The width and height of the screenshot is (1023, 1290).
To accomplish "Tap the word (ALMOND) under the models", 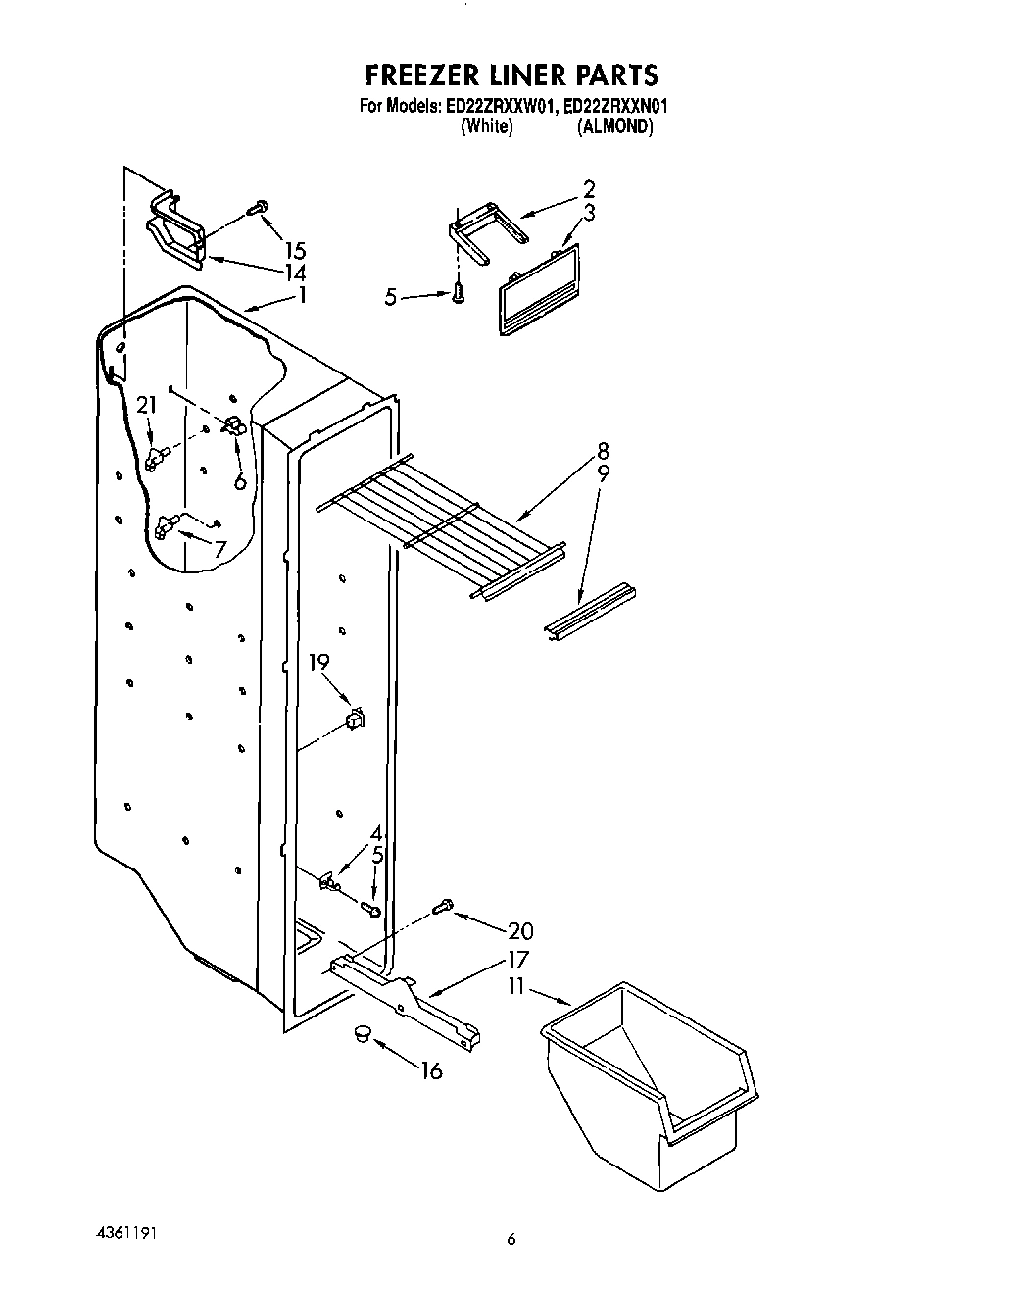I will point(614,126).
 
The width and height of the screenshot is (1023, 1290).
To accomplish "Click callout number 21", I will point(147,406).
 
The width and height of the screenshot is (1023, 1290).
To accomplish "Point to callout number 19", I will point(319,663).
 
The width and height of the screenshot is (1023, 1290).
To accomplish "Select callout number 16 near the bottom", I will point(431,1070).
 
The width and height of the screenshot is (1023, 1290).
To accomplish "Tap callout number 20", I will point(520,930).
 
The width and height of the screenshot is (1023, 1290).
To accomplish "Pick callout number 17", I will point(517,960).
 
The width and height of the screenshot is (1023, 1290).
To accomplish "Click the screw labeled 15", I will point(259,208).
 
